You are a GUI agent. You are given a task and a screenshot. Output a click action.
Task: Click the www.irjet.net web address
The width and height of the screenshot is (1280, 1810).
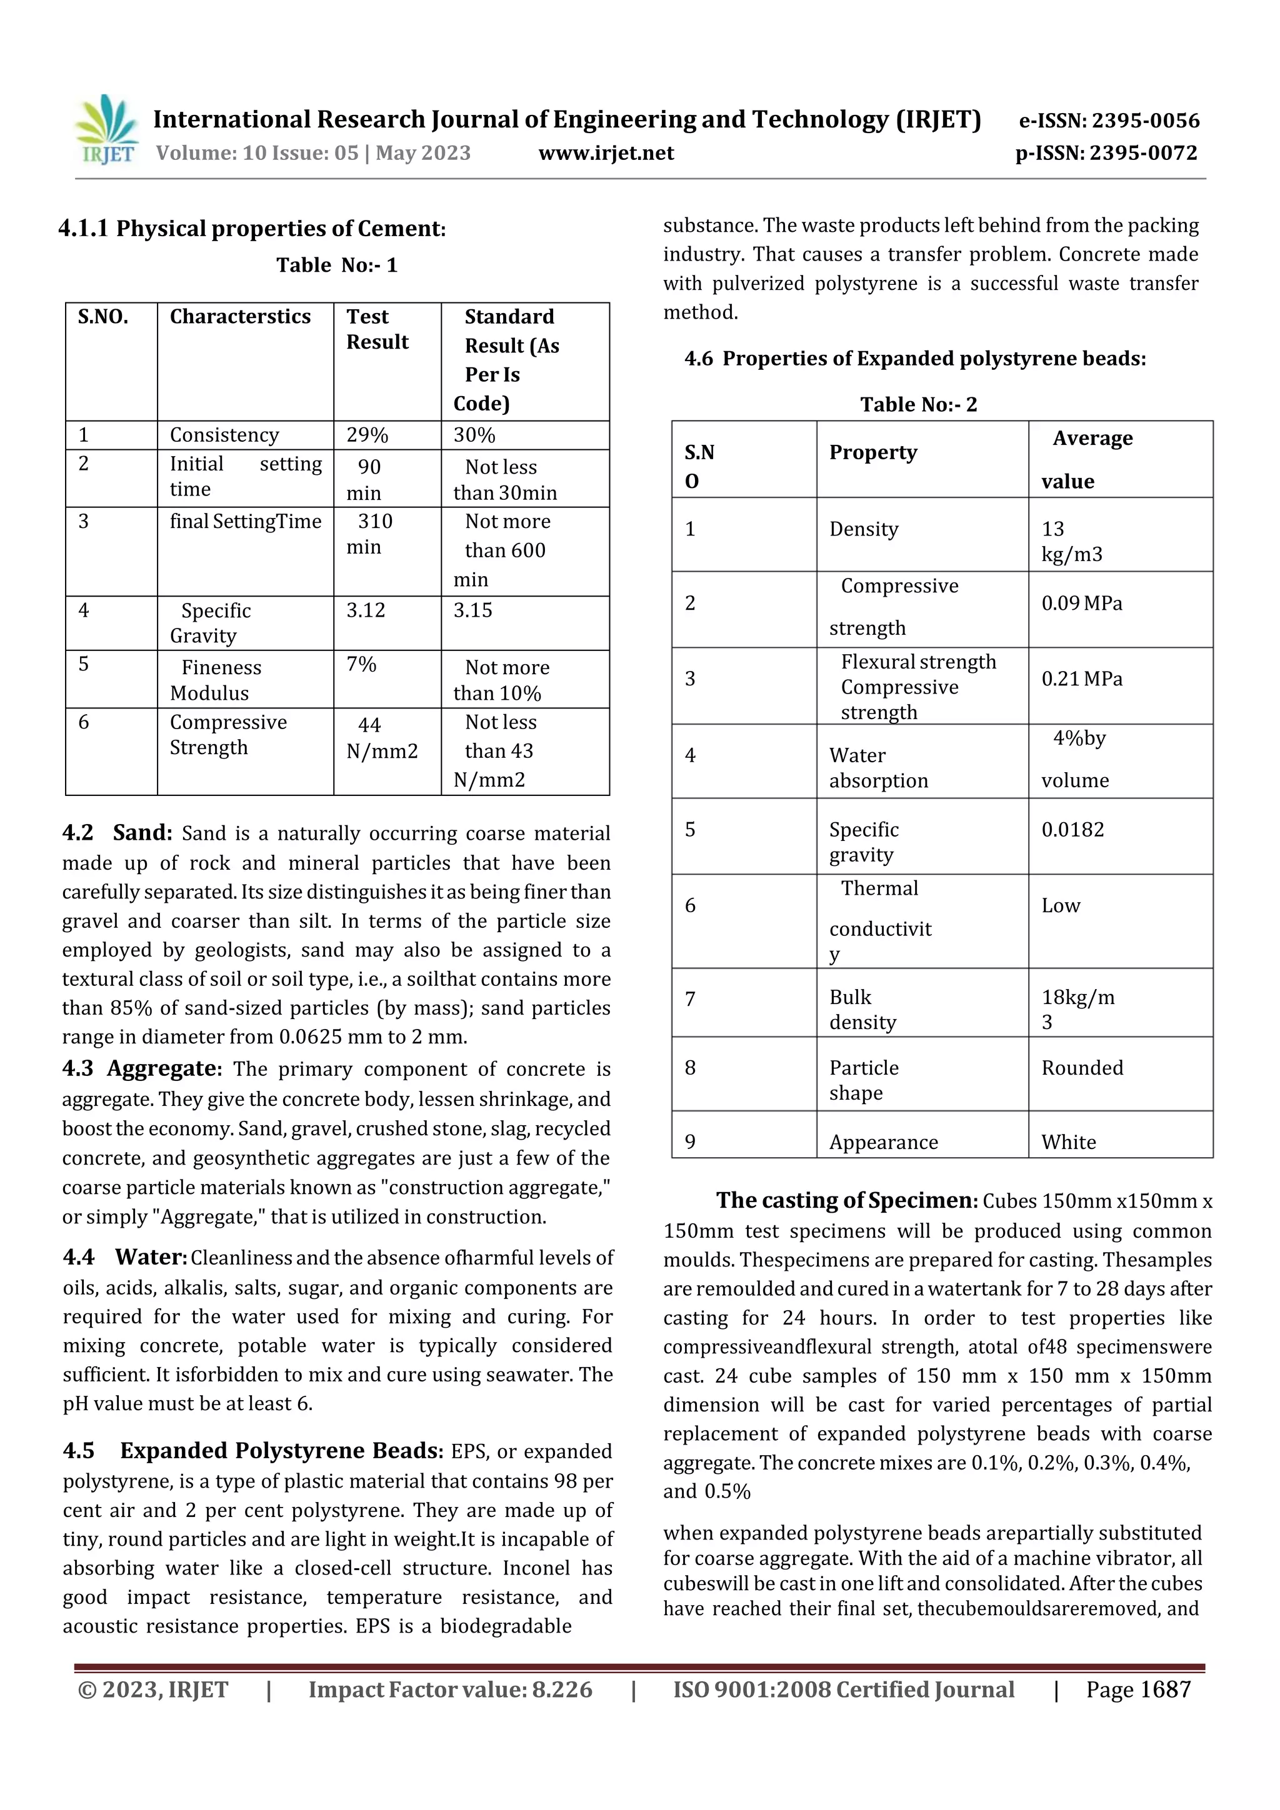[x=606, y=153]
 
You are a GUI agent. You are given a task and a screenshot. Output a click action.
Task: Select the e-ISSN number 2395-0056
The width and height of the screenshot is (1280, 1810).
[x=1109, y=121]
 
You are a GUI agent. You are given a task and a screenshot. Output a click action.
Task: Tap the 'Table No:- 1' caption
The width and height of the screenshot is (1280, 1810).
[x=337, y=265]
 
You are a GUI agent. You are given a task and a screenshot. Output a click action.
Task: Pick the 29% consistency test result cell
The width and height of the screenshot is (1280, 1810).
[x=367, y=435]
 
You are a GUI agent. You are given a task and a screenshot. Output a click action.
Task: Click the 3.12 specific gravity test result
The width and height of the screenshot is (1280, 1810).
[x=366, y=610]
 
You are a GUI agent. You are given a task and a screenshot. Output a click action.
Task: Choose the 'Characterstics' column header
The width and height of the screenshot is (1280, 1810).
[x=240, y=317]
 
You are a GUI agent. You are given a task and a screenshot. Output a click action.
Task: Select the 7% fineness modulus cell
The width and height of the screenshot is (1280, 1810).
[x=361, y=665]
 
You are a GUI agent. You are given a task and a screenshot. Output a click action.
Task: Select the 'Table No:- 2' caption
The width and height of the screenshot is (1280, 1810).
[x=918, y=404]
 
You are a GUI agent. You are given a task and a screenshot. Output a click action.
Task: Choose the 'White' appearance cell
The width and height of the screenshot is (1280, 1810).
[x=1068, y=1142]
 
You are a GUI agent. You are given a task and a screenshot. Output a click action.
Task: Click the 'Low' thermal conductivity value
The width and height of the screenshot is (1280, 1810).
[x=1061, y=906]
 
